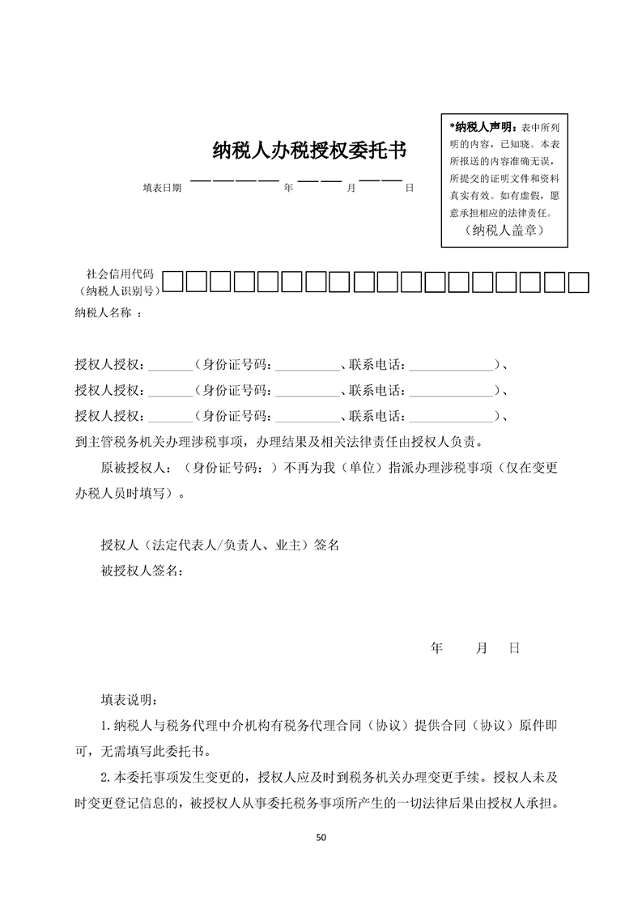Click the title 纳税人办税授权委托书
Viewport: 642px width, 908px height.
(x=308, y=151)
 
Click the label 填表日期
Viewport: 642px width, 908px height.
(x=162, y=188)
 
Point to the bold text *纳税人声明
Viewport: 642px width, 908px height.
(x=481, y=127)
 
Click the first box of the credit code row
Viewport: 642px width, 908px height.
(x=173, y=282)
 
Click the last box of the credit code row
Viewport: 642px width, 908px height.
(x=578, y=282)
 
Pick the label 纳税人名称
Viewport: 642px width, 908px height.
(x=104, y=312)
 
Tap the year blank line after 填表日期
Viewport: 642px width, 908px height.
(x=234, y=180)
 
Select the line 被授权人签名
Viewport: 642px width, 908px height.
(x=141, y=571)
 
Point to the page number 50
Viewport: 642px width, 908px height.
(x=321, y=837)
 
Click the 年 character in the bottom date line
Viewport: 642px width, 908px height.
(x=437, y=648)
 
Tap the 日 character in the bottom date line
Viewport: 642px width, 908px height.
(x=513, y=648)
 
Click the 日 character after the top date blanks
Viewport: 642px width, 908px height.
(x=410, y=188)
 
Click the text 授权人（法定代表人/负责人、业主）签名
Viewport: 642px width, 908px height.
(x=219, y=545)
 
